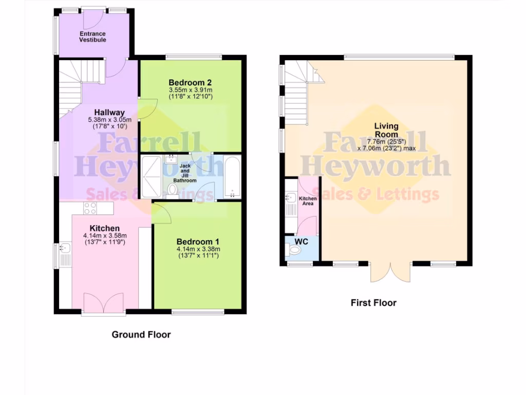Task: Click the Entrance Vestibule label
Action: [92, 37]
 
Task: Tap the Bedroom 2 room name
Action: [191, 82]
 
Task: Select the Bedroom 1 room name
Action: [198, 242]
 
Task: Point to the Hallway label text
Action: [109, 113]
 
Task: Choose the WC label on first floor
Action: [301, 241]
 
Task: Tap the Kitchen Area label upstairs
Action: [308, 201]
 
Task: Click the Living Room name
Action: [386, 130]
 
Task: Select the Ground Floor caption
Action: [141, 335]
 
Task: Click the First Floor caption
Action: [373, 303]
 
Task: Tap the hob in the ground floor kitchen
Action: [90, 208]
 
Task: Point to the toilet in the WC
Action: [295, 250]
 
